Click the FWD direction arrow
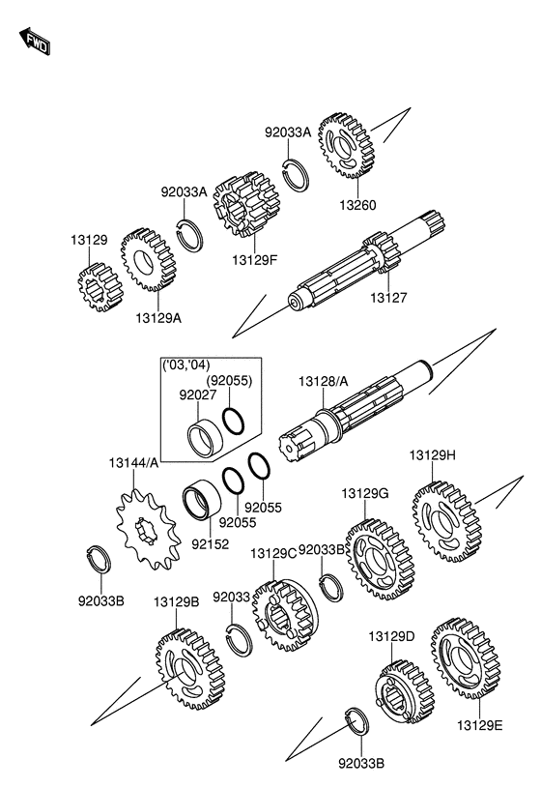pos(35,42)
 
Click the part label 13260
pos(357,206)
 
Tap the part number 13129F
pos(255,260)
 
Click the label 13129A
pos(158,318)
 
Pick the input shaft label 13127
pos(388,298)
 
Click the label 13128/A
pos(323,382)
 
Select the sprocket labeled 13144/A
pos(148,529)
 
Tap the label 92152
pos(210,543)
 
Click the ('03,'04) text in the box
pos(186,365)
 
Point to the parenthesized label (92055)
pos(229,380)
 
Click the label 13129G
pos(365,493)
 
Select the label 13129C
pos(273,553)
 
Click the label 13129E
pos(480,725)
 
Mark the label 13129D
pos(392,636)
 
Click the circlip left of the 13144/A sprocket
pos(98,558)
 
